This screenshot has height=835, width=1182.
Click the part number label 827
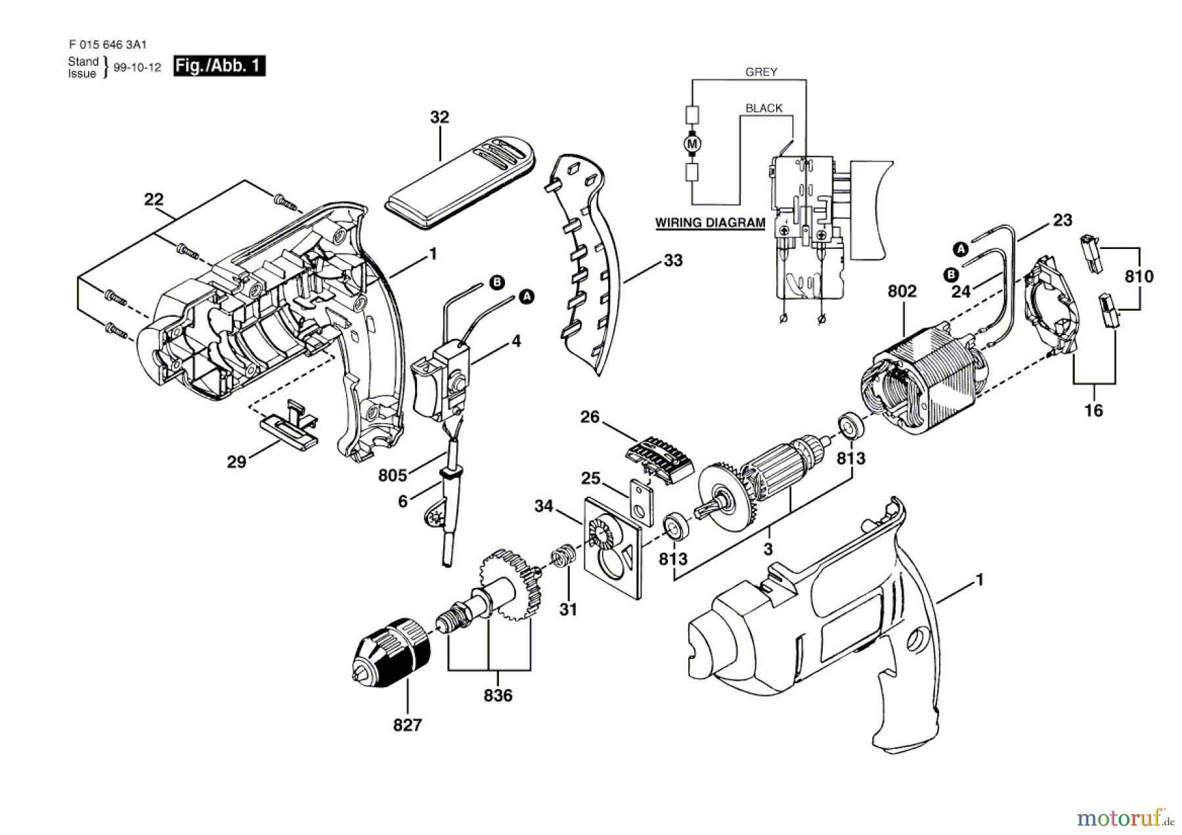tap(407, 725)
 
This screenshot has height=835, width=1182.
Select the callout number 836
tap(498, 696)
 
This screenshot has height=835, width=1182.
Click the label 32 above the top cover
tap(439, 118)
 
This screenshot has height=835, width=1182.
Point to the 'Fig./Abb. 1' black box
tap(219, 66)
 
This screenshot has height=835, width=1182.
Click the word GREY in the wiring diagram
tap(761, 72)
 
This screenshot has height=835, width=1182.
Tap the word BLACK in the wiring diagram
tap(764, 108)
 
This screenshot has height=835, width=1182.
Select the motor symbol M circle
tap(692, 143)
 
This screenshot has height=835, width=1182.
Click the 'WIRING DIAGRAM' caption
tap(710, 223)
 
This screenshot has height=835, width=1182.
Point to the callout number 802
tap(902, 291)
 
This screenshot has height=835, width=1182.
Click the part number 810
tap(1139, 277)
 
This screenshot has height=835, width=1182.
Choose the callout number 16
tap(1093, 411)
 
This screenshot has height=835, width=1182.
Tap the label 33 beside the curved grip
tap(673, 261)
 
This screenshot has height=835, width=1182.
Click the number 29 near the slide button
tap(236, 462)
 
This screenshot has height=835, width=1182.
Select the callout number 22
tap(154, 200)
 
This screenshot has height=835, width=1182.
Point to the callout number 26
tap(590, 417)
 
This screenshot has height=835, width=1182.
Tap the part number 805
tap(392, 475)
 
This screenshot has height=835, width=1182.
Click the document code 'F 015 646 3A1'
tap(107, 45)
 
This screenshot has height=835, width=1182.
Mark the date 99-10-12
tap(137, 68)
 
